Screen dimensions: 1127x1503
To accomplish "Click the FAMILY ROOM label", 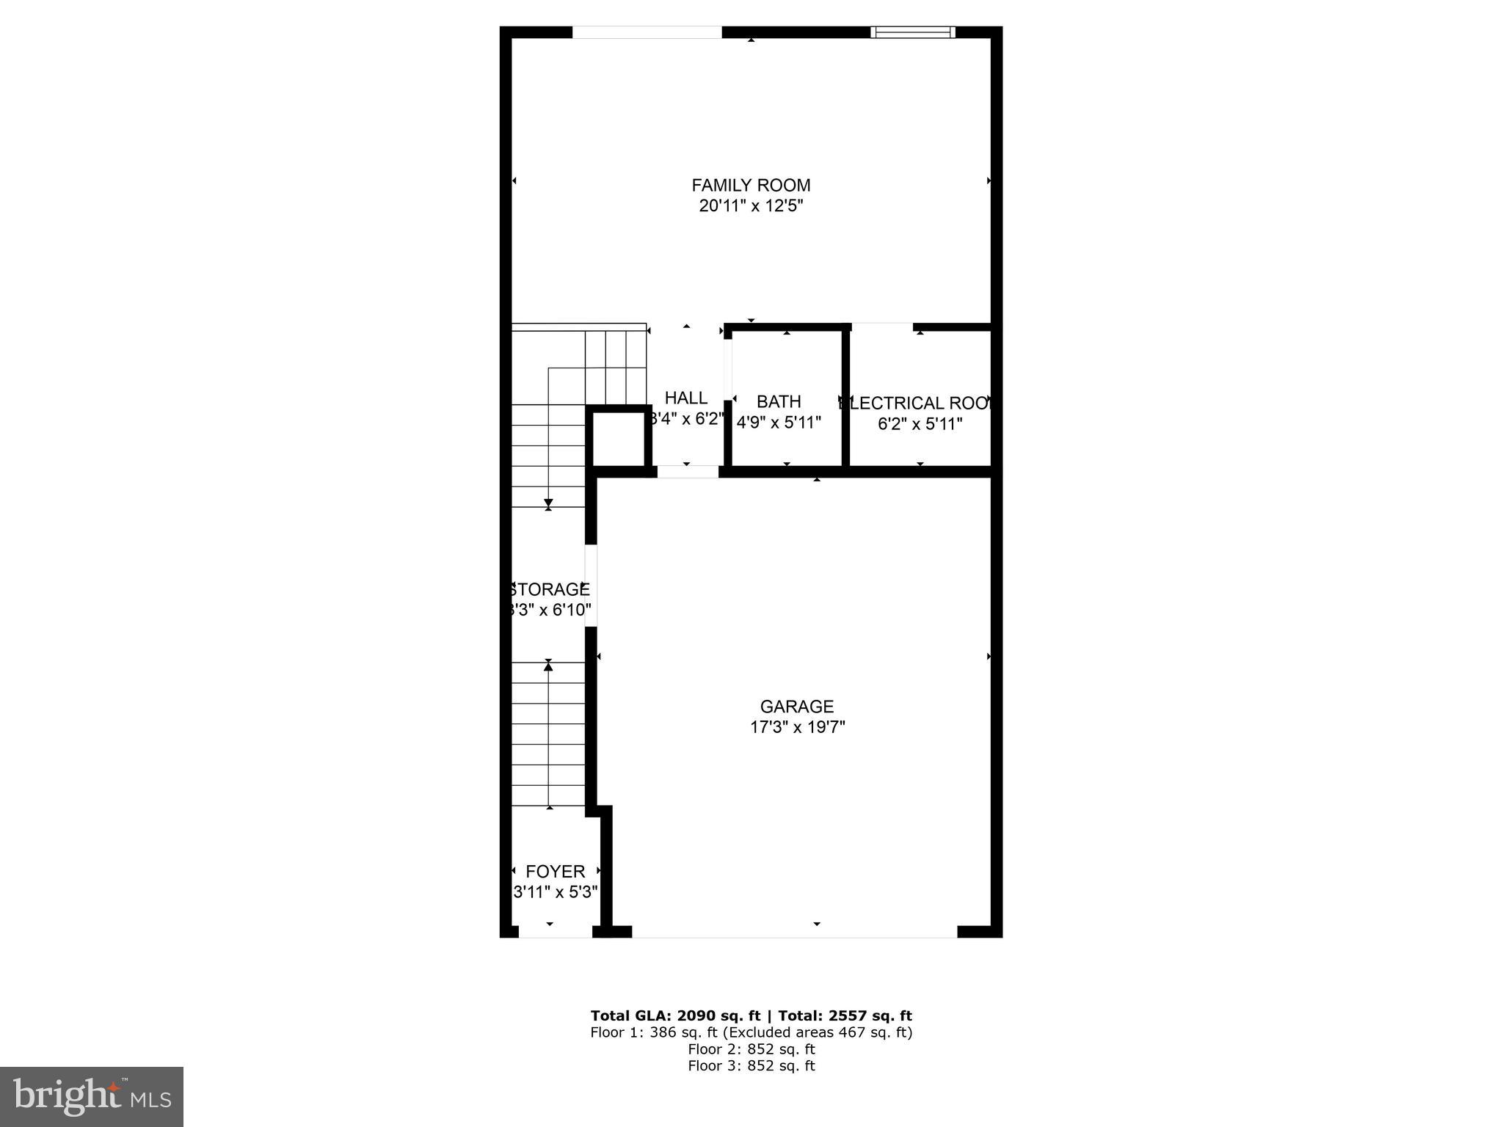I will pos(751,186).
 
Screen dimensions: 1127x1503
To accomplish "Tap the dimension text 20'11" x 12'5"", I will pos(751,206).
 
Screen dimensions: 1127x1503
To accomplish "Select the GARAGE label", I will pos(796,707).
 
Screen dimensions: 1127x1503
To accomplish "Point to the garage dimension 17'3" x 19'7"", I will pos(796,727).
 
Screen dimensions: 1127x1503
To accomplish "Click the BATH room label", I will pos(778,402).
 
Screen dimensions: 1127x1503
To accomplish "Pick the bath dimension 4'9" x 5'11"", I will pos(778,423).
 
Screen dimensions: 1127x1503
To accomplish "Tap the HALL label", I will pos(685,398).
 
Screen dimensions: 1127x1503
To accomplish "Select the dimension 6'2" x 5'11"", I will pos(920,424).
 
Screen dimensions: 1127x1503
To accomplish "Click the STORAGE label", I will pos(550,590).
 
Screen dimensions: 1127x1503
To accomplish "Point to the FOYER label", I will pos(556,872).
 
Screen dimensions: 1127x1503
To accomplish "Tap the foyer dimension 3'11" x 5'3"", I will pos(556,892).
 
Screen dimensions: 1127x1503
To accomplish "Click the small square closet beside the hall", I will pos(618,439).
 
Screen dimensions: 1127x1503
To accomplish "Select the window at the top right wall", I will pos(912,32).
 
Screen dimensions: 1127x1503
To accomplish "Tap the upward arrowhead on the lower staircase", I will pos(548,664).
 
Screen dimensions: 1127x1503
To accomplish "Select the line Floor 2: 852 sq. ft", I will pos(751,1049).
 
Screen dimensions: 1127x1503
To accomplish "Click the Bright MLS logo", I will pos(92,1096).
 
